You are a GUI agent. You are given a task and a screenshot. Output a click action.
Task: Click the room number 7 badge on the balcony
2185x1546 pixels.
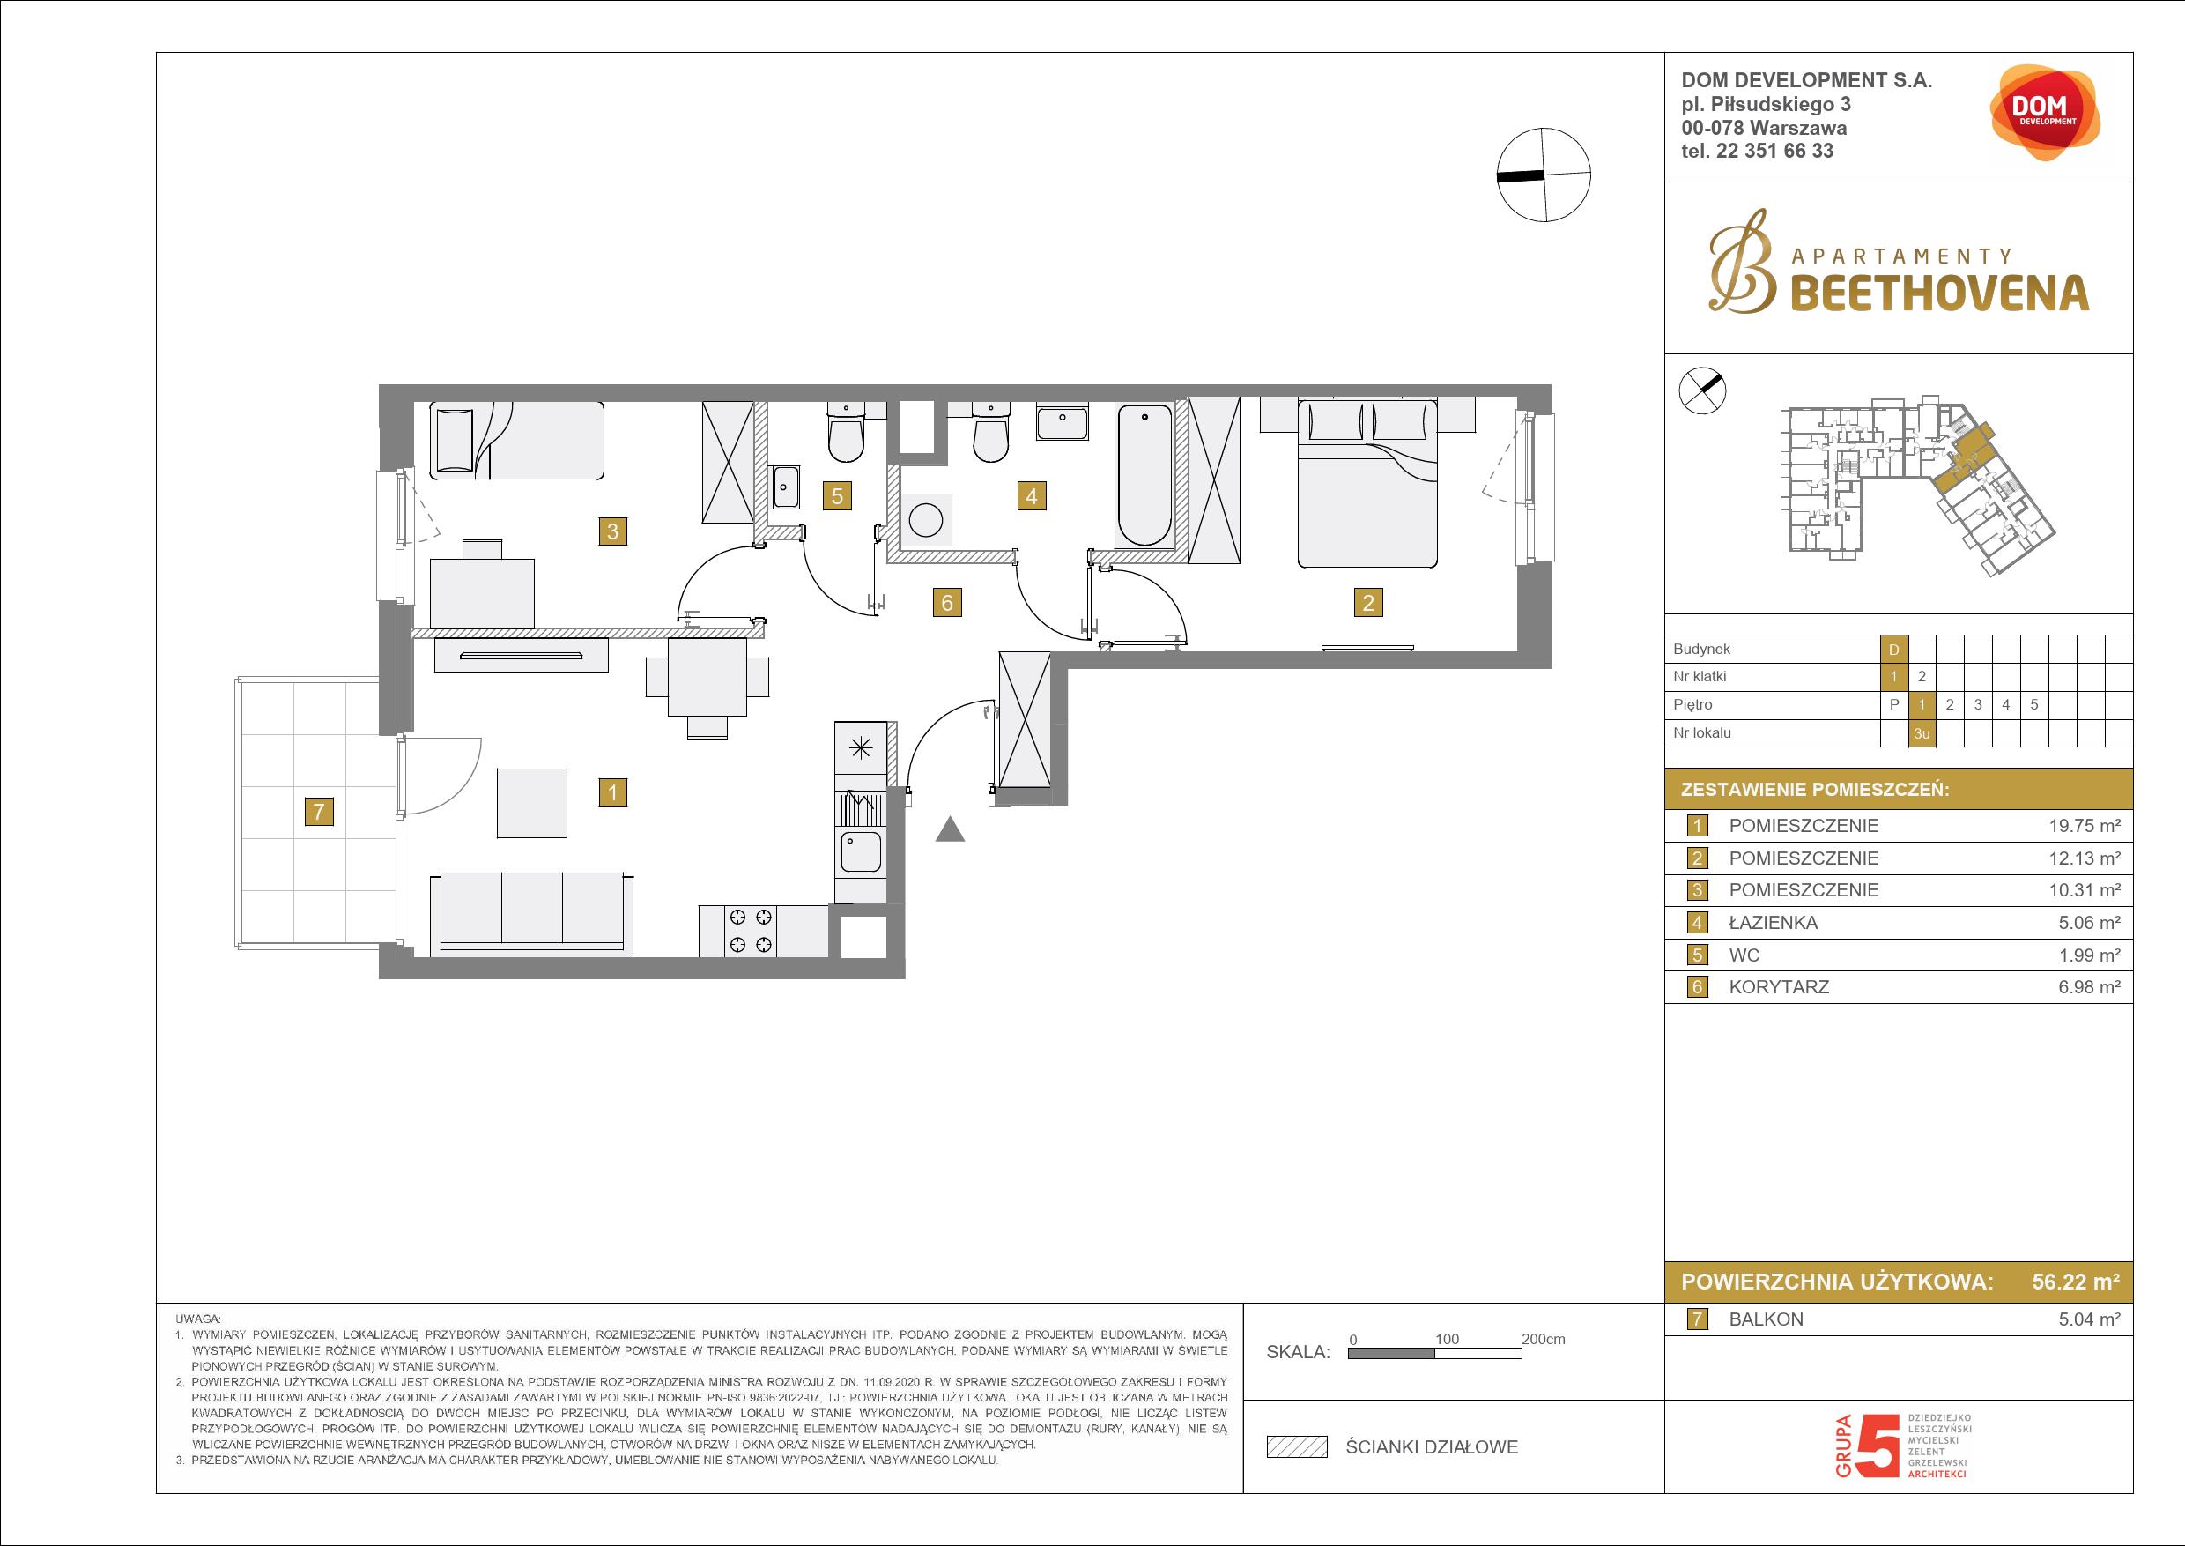pos(319,811)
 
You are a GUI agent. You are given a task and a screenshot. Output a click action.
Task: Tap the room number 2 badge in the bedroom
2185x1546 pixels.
pos(1367,602)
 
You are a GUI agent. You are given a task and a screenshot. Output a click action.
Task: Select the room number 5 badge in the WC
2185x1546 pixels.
pos(838,495)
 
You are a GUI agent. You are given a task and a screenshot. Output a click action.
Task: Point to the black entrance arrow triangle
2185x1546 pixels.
pos(950,829)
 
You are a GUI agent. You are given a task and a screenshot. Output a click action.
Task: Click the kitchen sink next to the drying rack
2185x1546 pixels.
pos(860,852)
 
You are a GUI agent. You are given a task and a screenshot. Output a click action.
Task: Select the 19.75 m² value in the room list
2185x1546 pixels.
pos(2085,825)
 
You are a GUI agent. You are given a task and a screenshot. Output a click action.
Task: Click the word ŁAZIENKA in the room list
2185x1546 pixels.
pos(1773,923)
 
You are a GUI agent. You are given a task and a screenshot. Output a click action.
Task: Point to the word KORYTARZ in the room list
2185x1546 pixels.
pos(1779,987)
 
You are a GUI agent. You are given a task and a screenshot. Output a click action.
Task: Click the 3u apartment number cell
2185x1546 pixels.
pos(1922,733)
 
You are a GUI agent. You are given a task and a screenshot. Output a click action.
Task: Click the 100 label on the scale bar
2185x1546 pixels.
pos(1447,1339)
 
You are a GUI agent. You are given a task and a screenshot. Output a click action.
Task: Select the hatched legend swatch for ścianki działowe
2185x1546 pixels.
pos(1296,1447)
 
